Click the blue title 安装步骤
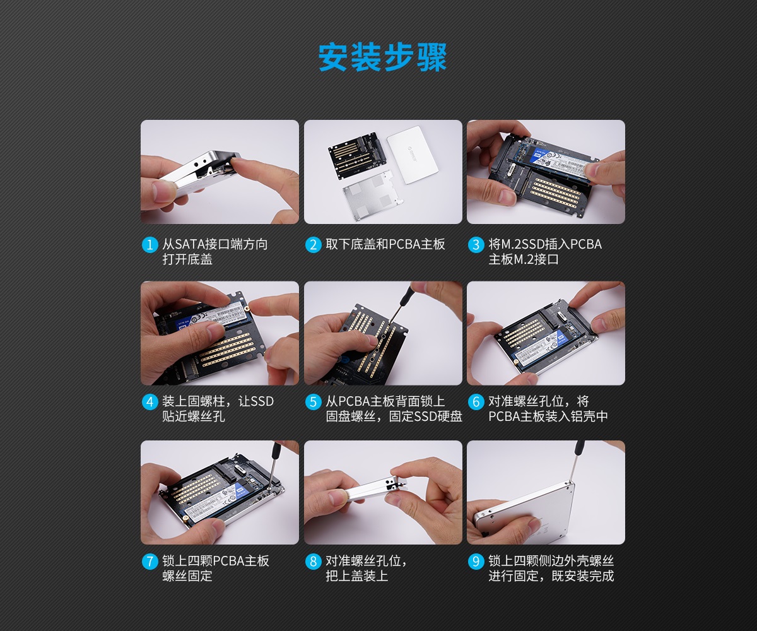pyautogui.click(x=382, y=57)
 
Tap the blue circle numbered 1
pyautogui.click(x=150, y=245)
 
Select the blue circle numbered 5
pyautogui.click(x=314, y=402)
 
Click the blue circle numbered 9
pyautogui.click(x=476, y=562)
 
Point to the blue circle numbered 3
pyautogui.click(x=476, y=245)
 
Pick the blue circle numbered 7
pyautogui.click(x=150, y=562)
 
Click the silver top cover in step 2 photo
pyautogui.click(x=413, y=155)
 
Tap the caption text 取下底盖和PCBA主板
pyautogui.click(x=385, y=244)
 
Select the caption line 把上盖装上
pyautogui.click(x=357, y=576)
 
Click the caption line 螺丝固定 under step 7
pyautogui.click(x=187, y=576)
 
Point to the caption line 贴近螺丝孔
pyautogui.click(x=194, y=416)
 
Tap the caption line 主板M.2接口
pyautogui.click(x=524, y=259)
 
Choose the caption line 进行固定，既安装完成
pyautogui.click(x=551, y=576)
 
